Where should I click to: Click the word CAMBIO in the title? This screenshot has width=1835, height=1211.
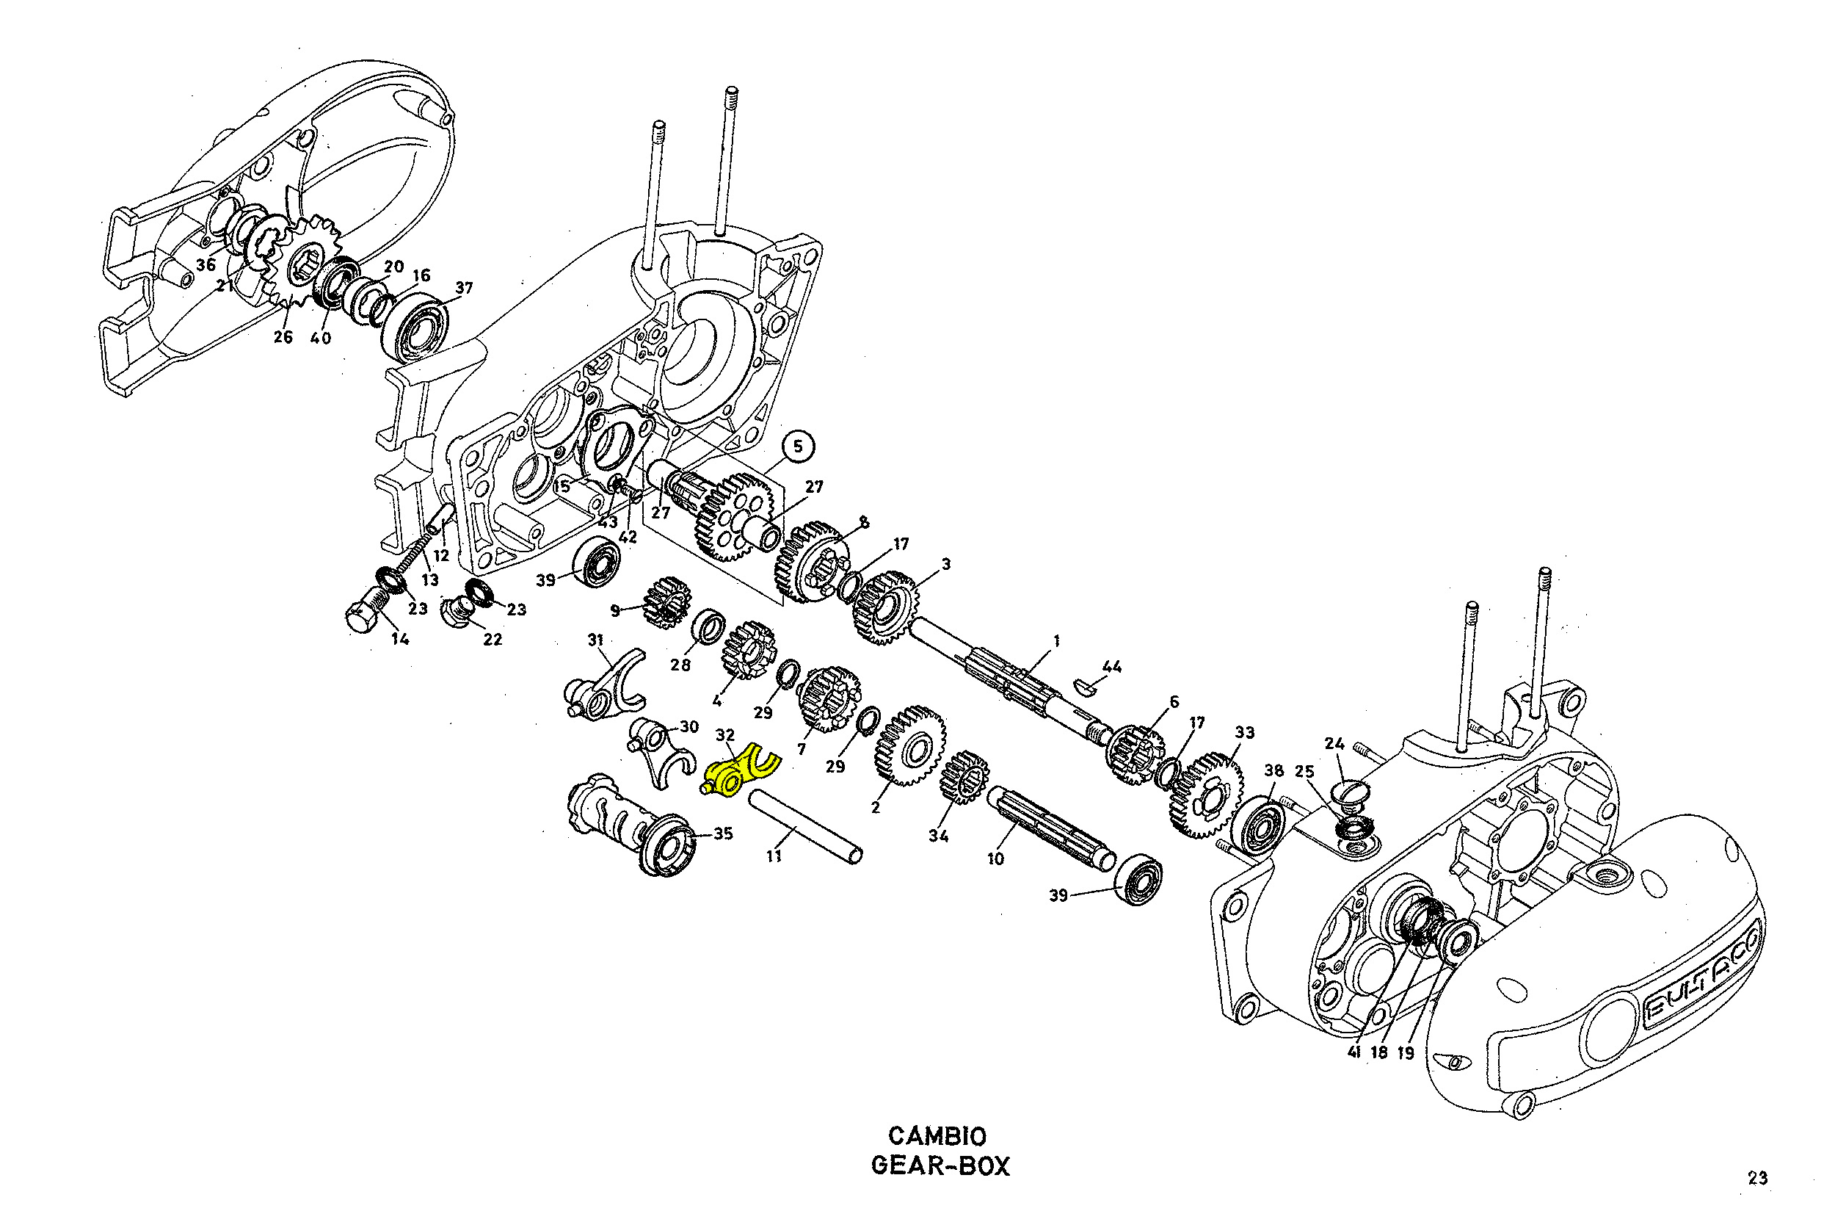[937, 1136]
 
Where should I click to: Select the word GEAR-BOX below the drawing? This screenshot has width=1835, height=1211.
[940, 1165]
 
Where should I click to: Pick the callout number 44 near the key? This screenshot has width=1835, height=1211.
[1112, 667]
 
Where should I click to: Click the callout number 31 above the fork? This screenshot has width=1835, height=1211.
[595, 640]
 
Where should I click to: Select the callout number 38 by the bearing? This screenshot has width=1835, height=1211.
[1273, 771]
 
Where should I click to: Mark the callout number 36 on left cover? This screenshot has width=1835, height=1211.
[206, 265]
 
